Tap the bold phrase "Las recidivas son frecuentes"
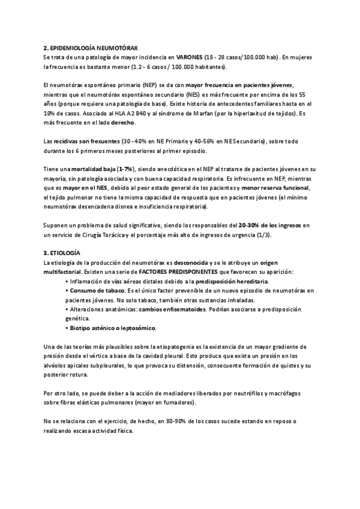pos(82,141)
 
